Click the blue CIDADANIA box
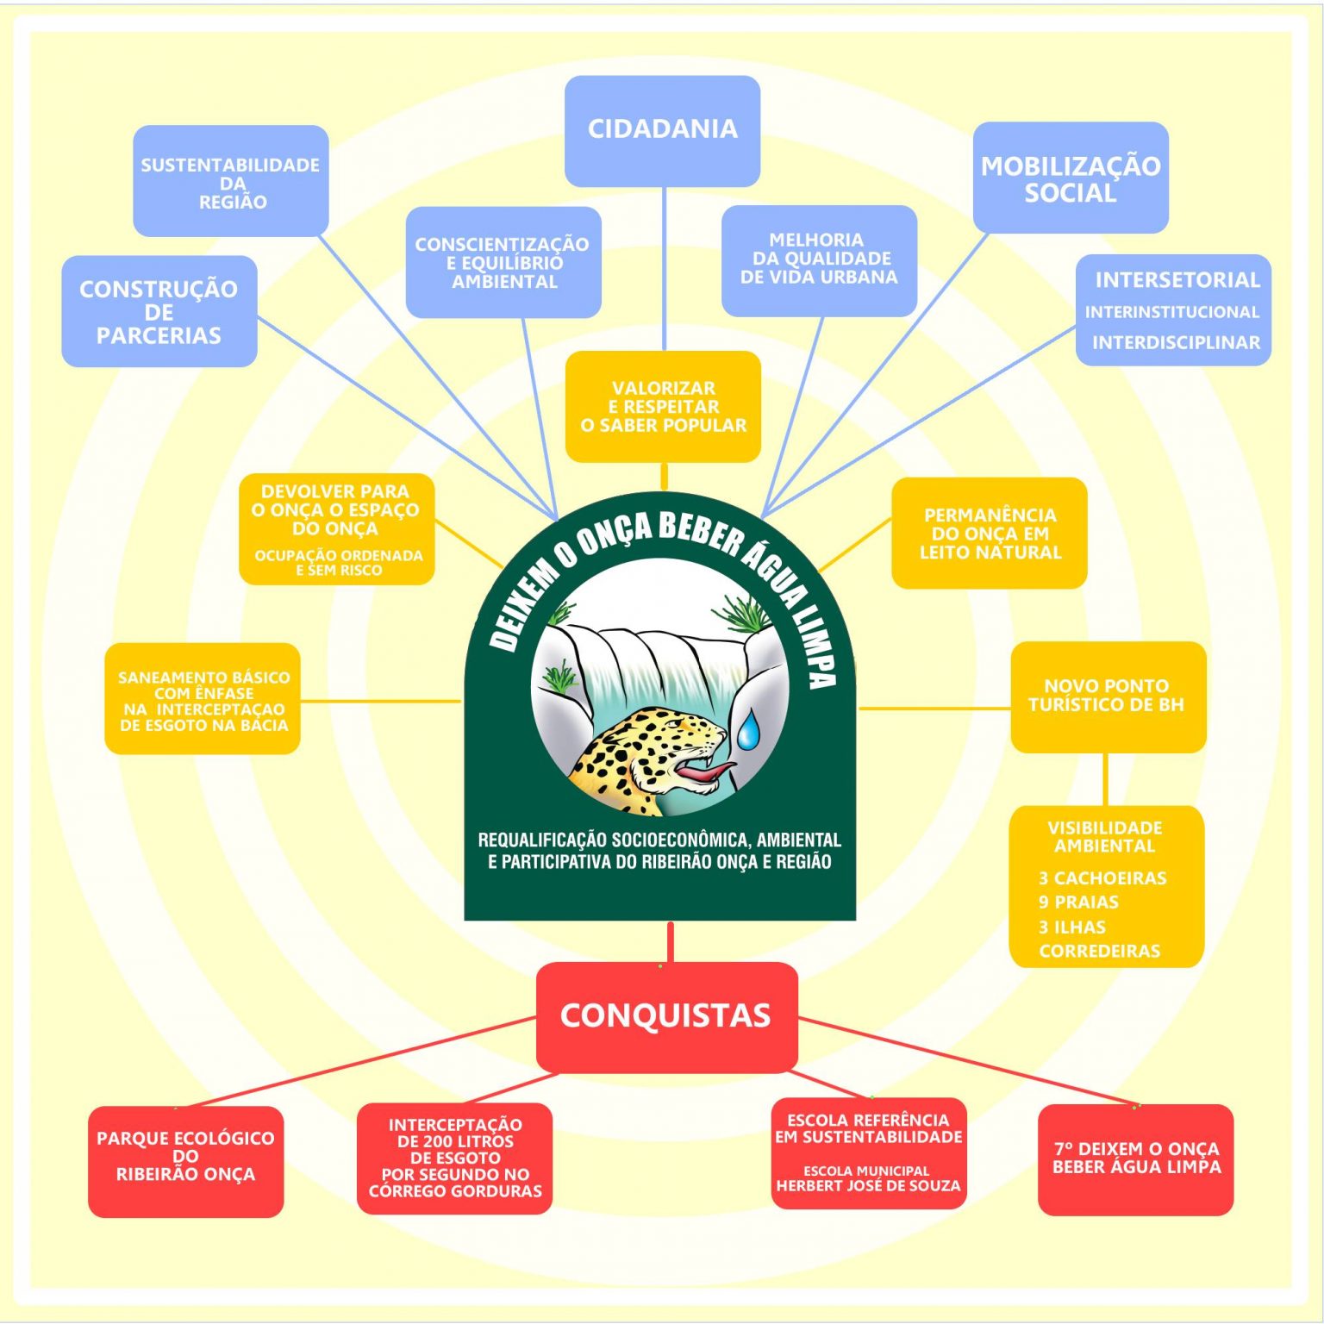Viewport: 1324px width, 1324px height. coord(662,130)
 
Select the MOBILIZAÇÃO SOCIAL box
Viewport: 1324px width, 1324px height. coord(1070,178)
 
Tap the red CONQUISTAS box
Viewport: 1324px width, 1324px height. coord(666,1015)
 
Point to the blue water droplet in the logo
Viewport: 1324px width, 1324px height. coord(748,729)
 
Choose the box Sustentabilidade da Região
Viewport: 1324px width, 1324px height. coord(230,181)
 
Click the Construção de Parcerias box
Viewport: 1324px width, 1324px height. coord(159,311)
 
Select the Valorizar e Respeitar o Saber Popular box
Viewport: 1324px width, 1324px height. coord(663,406)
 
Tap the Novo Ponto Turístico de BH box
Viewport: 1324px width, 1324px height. coord(1107,696)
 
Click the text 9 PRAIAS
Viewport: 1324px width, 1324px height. coord(1078,902)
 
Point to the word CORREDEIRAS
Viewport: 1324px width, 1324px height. coord(1099,951)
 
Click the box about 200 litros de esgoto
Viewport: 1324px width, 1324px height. coord(454,1158)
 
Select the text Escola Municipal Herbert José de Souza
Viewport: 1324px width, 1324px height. coord(868,1178)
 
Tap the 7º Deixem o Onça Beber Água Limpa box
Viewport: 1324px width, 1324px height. coord(1135,1158)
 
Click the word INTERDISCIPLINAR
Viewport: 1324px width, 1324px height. coord(1176,342)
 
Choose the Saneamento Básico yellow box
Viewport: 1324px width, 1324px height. coord(203,699)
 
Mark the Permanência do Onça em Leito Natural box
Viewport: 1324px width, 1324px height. coord(989,534)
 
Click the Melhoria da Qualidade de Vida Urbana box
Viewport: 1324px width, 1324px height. coord(818,259)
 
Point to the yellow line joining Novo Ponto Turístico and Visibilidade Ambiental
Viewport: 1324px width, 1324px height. coord(1106,779)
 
